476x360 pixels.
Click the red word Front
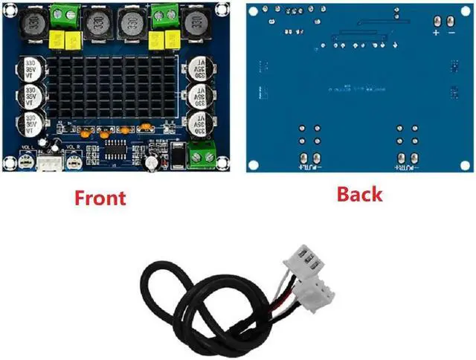tap(99, 198)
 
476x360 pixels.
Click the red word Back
tap(359, 194)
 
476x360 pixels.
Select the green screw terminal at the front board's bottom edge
tap(199, 155)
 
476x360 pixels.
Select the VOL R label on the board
tap(74, 147)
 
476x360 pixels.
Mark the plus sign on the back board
tap(437, 33)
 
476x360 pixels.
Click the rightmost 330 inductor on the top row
tap(198, 26)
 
